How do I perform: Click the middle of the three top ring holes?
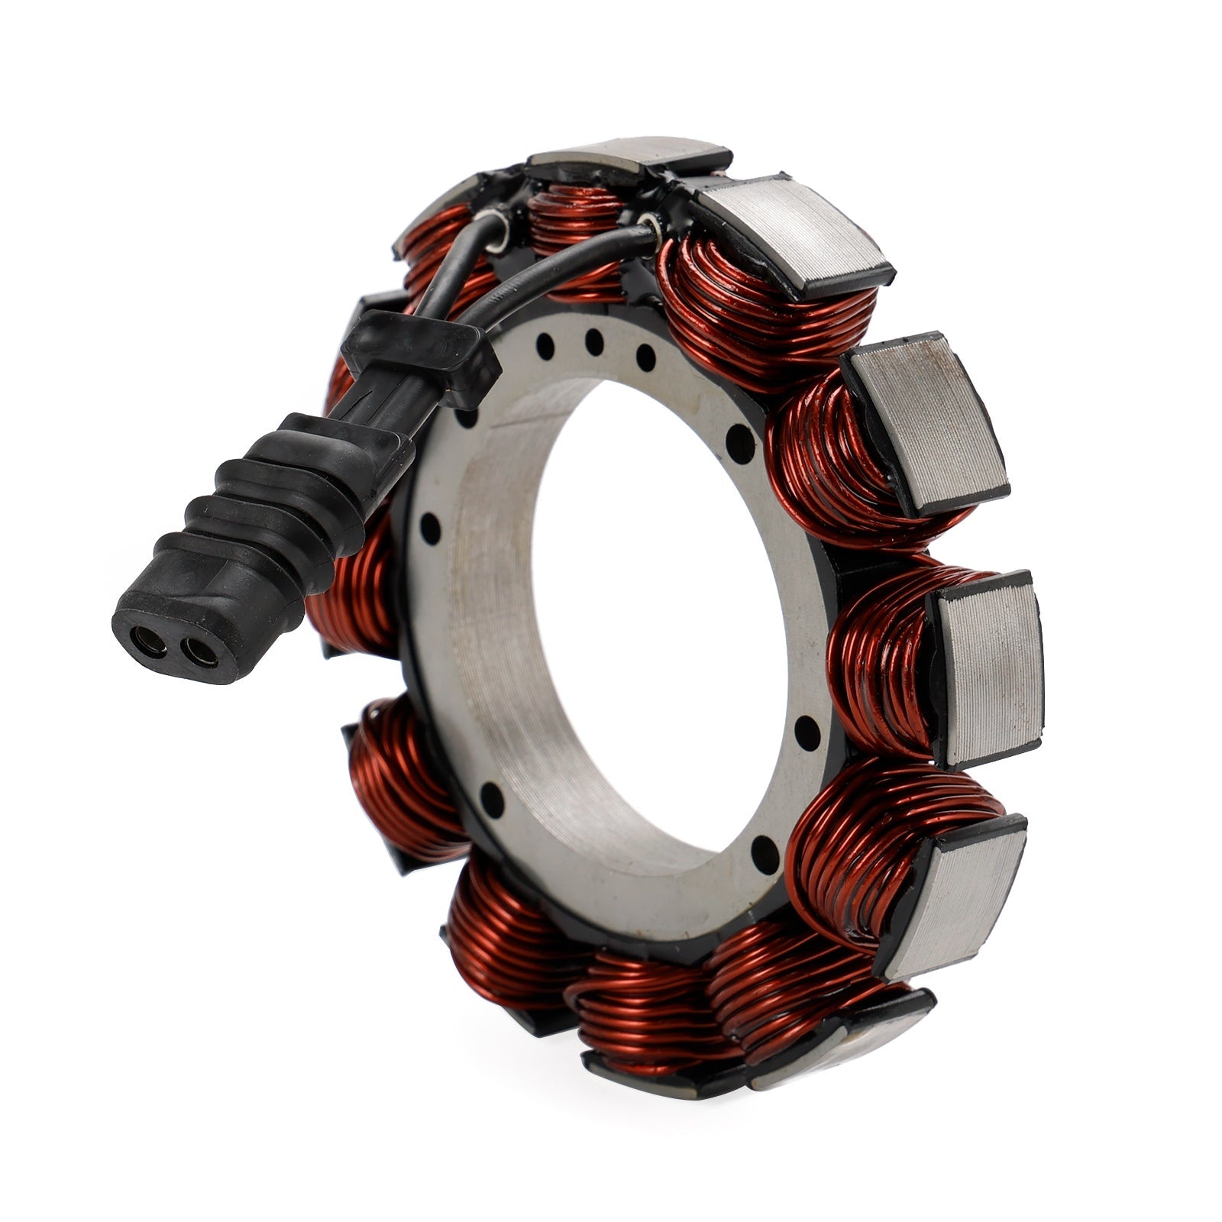pos(594,341)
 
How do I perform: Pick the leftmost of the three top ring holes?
pos(545,346)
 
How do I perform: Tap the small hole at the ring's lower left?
pos(492,798)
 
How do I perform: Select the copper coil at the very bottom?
pos(649,1001)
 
